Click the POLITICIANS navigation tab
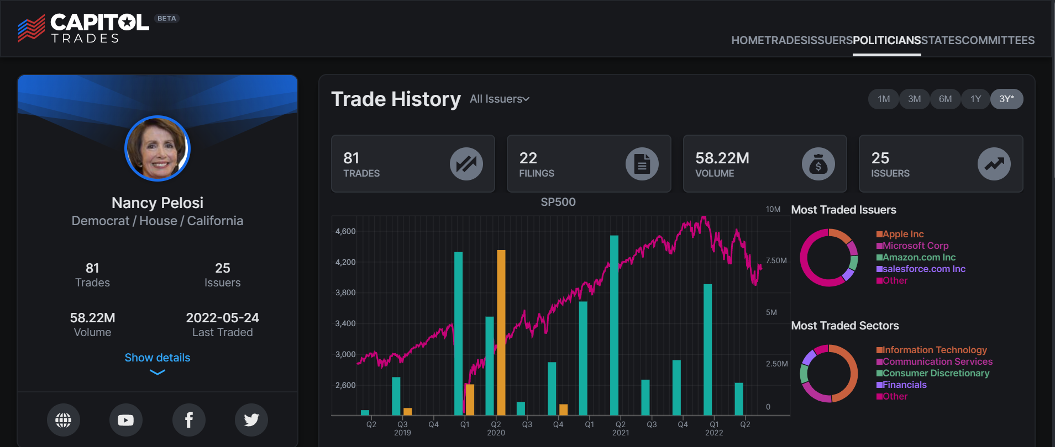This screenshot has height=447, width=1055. click(x=886, y=40)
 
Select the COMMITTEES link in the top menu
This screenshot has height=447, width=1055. click(x=998, y=40)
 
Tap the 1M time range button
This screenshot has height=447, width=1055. click(x=884, y=99)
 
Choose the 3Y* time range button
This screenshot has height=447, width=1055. click(x=1006, y=99)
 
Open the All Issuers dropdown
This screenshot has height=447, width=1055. click(x=499, y=99)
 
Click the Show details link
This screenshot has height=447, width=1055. click(x=158, y=358)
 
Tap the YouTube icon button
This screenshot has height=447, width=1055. click(x=126, y=420)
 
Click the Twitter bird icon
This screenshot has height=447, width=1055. click(x=251, y=420)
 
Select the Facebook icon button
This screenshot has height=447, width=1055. click(x=188, y=420)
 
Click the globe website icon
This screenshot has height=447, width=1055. click(x=63, y=420)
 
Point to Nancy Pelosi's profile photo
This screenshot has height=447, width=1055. click(x=158, y=148)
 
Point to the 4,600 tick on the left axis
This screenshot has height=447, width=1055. click(x=345, y=231)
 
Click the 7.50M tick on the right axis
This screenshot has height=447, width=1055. click(x=776, y=260)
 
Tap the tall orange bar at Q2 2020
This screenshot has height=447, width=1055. click(x=501, y=331)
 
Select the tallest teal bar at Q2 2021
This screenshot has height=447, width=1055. click(x=614, y=326)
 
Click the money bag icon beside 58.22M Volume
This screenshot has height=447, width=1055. click(x=818, y=164)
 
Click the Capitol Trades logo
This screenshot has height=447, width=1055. click(x=83, y=28)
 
